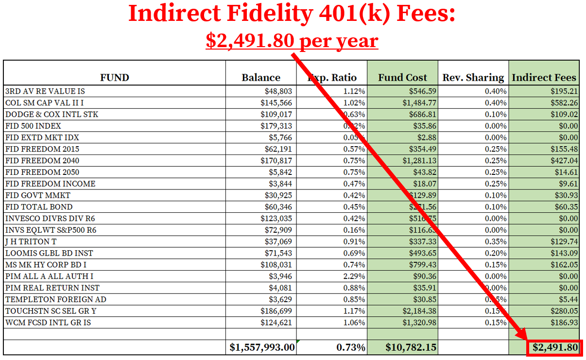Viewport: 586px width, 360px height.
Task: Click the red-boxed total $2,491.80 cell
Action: (555, 347)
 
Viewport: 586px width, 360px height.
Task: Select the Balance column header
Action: (261, 77)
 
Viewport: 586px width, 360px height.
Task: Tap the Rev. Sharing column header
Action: (473, 77)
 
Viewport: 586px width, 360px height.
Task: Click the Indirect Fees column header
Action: (544, 77)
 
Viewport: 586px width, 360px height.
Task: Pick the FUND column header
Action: (115, 77)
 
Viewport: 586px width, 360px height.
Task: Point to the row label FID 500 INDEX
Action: (33, 126)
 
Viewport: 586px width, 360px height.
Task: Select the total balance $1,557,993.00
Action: (262, 347)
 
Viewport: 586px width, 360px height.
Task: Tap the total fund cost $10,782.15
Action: (411, 347)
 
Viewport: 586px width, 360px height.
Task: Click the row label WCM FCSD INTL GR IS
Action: (48, 323)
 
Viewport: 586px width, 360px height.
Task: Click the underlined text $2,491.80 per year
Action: (292, 40)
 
